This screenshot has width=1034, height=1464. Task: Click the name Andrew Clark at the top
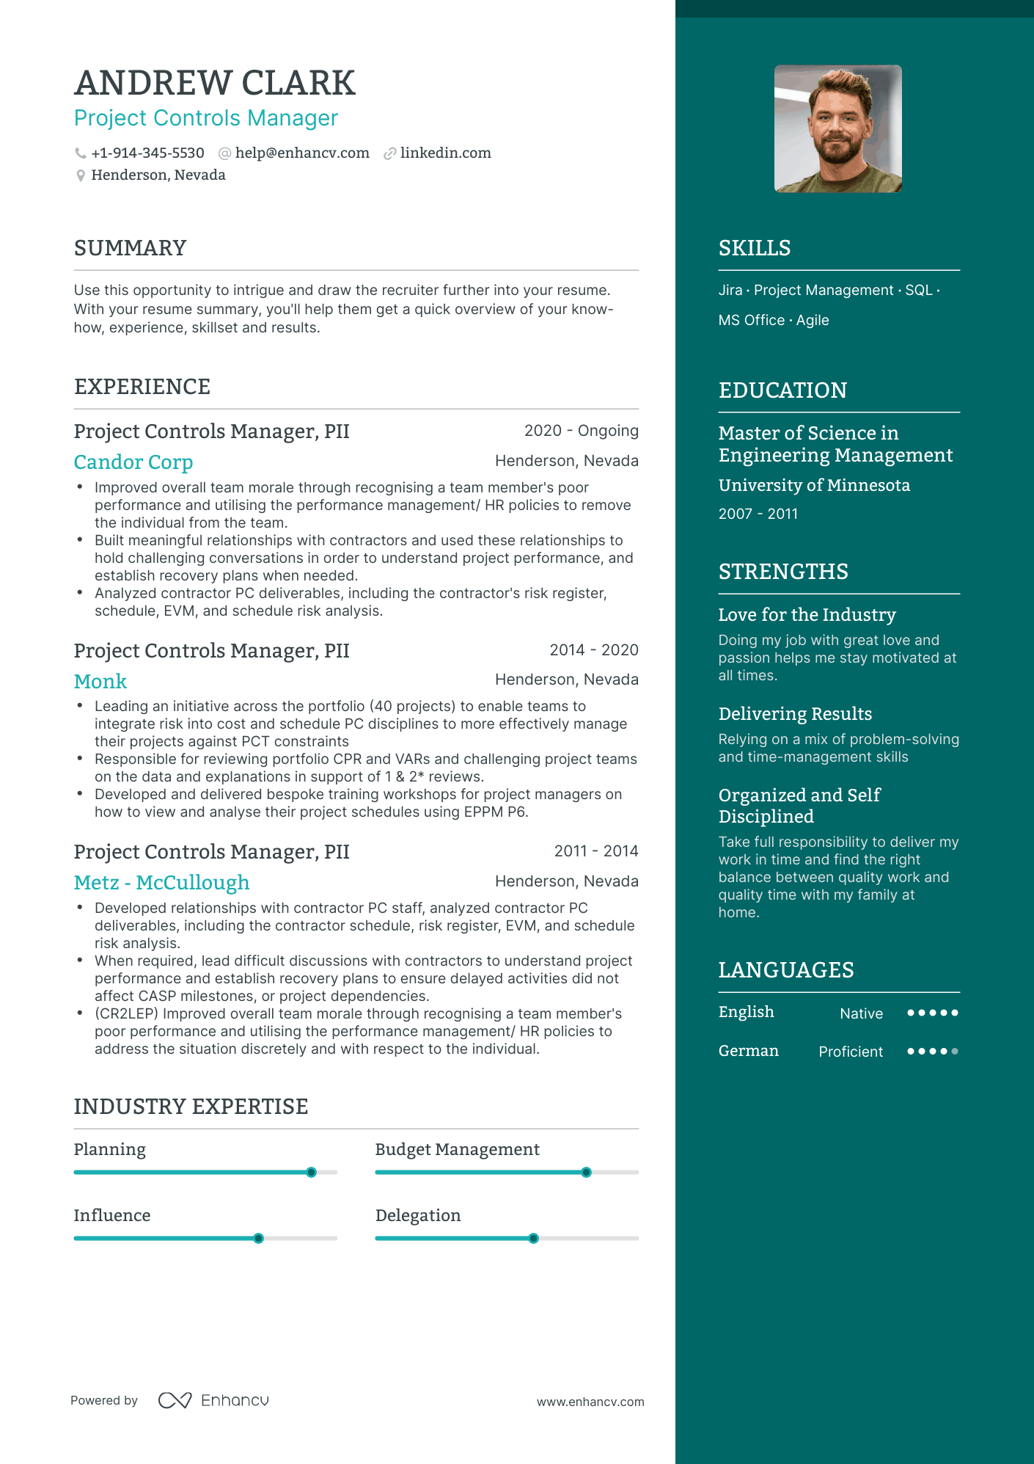pyautogui.click(x=214, y=83)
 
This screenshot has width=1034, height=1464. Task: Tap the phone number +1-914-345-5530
pyautogui.click(x=147, y=153)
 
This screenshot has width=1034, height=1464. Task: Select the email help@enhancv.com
pyautogui.click(x=302, y=153)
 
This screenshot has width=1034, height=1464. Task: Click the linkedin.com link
pyautogui.click(x=445, y=153)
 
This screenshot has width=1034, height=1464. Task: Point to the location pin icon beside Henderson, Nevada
pyautogui.click(x=81, y=175)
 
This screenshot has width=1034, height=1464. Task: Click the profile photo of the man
pyautogui.click(x=837, y=128)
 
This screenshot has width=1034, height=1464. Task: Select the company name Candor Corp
pyautogui.click(x=133, y=462)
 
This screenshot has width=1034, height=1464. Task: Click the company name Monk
pyautogui.click(x=100, y=681)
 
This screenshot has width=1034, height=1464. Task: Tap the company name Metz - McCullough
pyautogui.click(x=161, y=882)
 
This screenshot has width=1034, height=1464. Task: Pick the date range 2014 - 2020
pyautogui.click(x=593, y=650)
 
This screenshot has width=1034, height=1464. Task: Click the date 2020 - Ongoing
pyautogui.click(x=581, y=431)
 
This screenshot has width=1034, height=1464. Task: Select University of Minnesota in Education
pyautogui.click(x=814, y=485)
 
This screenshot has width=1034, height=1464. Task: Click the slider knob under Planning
pyautogui.click(x=312, y=1172)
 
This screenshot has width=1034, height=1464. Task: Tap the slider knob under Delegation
pyautogui.click(x=534, y=1238)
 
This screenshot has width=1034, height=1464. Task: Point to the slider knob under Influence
pyautogui.click(x=259, y=1238)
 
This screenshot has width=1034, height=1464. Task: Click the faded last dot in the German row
pyautogui.click(x=954, y=1051)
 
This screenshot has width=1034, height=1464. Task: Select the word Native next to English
pyautogui.click(x=861, y=1013)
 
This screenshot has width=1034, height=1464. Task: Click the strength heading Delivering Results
pyautogui.click(x=795, y=713)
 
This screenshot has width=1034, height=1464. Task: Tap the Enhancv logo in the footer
pyautogui.click(x=213, y=1400)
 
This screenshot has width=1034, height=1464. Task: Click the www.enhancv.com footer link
pyautogui.click(x=590, y=1402)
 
